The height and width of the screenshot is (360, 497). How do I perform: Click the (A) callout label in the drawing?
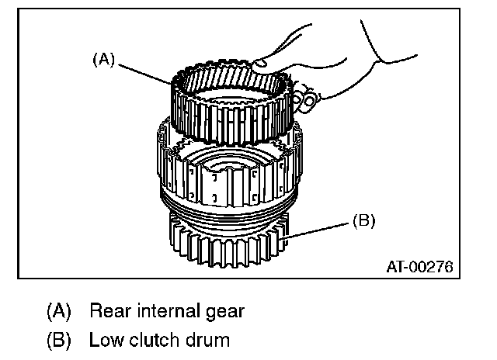103,59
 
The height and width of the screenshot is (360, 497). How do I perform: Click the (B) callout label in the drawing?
363,221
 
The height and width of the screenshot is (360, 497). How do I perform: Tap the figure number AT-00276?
419,268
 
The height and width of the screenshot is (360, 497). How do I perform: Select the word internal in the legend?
164,312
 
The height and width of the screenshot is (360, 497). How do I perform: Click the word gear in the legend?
223,313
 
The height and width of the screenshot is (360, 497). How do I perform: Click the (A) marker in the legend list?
59,312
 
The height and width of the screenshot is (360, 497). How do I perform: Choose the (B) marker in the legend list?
59,339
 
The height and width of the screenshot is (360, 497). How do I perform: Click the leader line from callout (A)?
148,71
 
